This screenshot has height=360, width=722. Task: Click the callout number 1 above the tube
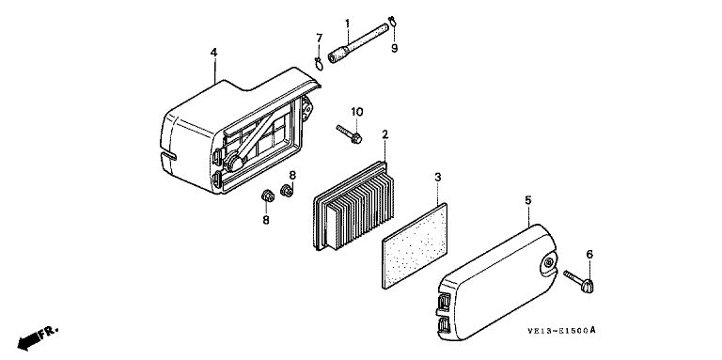point(348,23)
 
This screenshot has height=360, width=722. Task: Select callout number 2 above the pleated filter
point(385,134)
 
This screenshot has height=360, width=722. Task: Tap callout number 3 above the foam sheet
point(438,177)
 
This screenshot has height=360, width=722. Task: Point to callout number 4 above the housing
point(213,53)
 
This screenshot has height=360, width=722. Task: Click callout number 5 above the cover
point(528,200)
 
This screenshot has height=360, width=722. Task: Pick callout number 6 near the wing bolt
point(589,254)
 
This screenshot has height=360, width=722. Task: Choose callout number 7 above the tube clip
point(319,38)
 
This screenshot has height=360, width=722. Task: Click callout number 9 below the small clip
point(395,48)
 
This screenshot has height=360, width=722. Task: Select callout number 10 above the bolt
point(357,112)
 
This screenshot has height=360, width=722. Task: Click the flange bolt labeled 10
point(349,133)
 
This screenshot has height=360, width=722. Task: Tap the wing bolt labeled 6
point(579,281)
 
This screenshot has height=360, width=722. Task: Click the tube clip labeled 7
point(319,64)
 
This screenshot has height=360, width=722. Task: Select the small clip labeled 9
point(392,20)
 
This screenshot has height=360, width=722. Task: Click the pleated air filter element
point(353,205)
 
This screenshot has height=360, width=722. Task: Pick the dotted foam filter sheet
point(415,245)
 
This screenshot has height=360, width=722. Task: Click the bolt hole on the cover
point(548,262)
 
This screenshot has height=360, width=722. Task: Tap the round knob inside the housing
point(234,163)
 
